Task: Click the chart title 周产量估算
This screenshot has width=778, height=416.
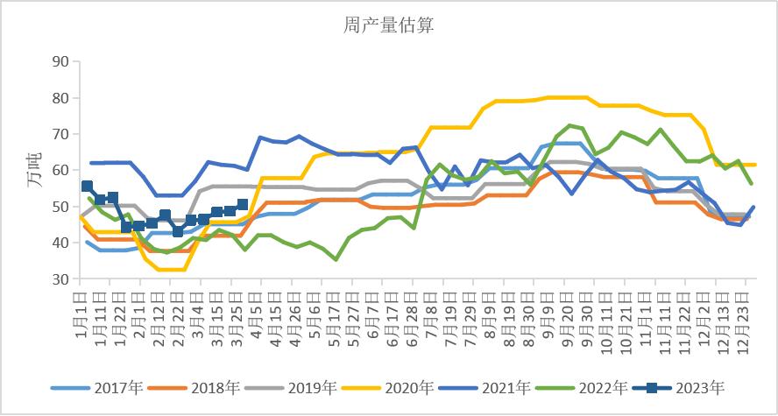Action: [388, 25]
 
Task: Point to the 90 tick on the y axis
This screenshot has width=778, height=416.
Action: [60, 61]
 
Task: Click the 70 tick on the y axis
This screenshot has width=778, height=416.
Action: [60, 134]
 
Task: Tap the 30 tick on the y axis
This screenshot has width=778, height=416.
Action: [60, 279]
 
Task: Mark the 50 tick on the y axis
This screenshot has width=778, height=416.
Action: [60, 207]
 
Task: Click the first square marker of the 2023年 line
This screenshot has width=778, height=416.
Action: [87, 186]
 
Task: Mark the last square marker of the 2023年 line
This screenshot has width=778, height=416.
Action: [243, 205]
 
